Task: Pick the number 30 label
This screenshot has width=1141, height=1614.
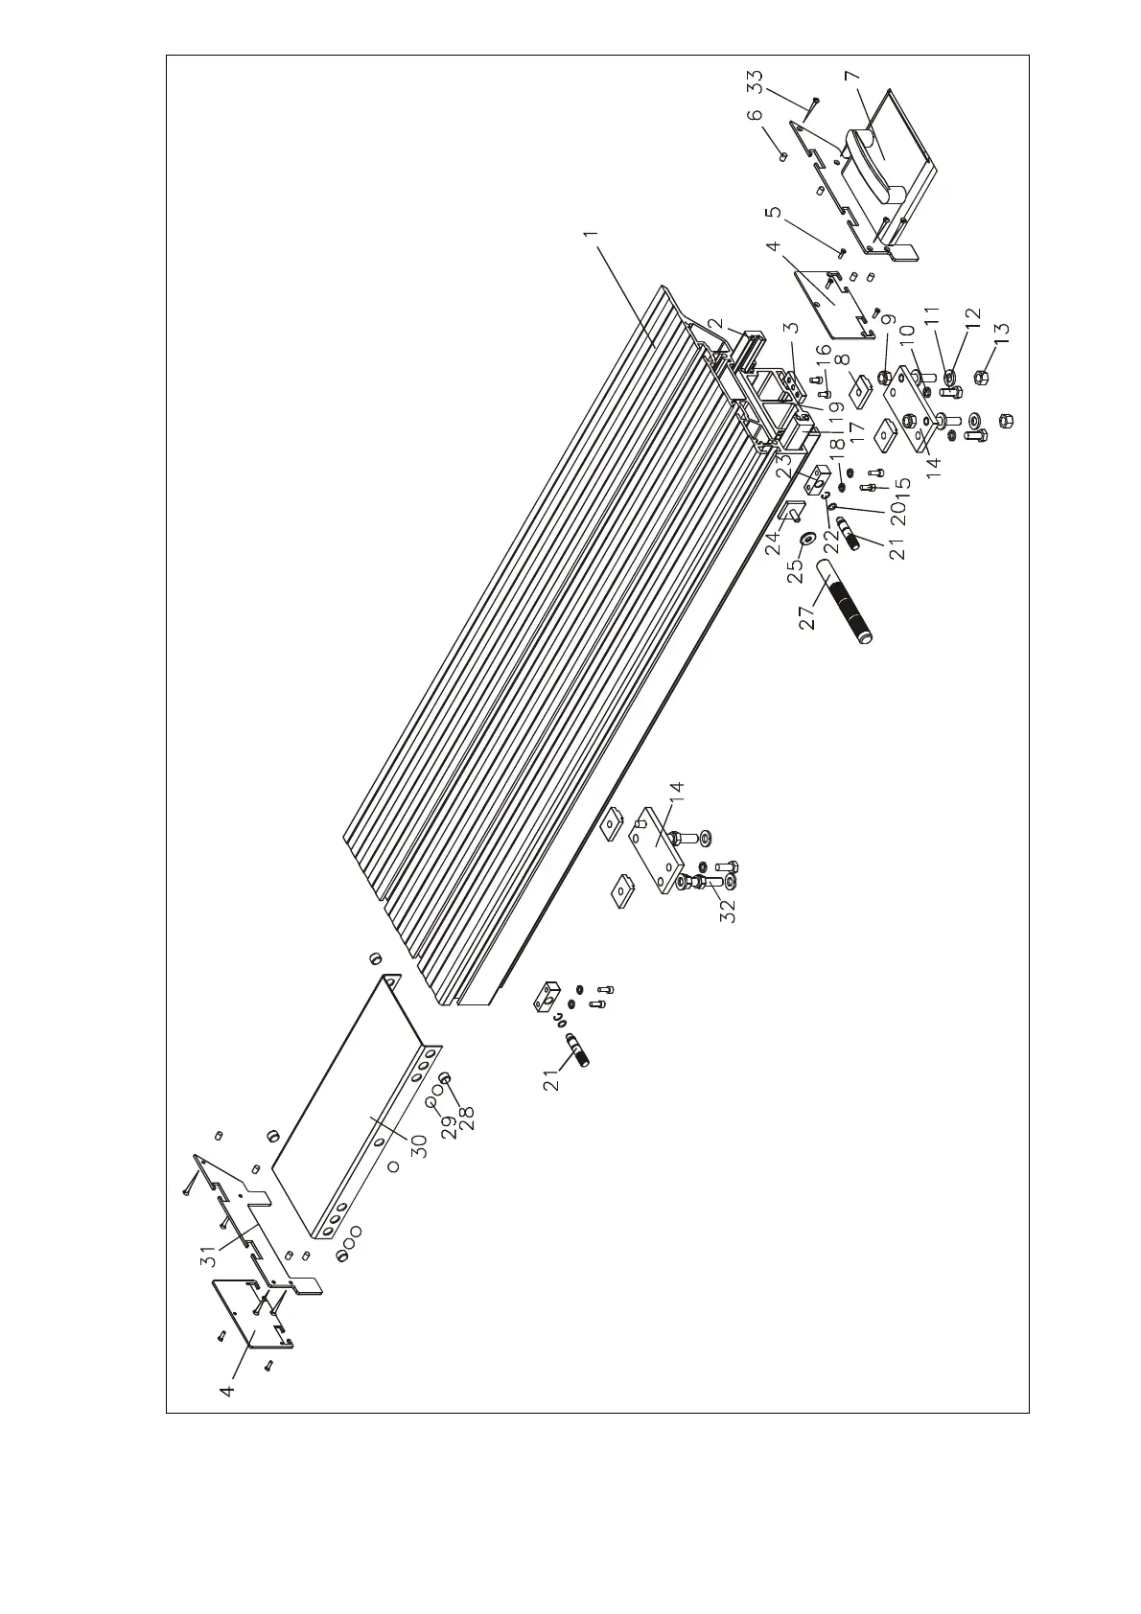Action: (x=419, y=1146)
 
